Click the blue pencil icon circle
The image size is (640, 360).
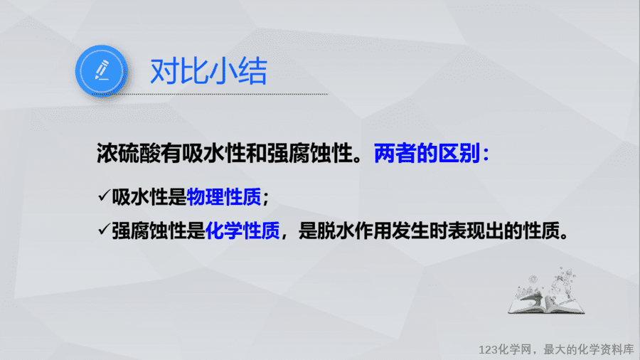101,70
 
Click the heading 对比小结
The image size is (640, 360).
208,71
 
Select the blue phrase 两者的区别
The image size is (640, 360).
427,154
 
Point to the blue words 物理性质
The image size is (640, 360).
224,197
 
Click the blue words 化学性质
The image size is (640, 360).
242,231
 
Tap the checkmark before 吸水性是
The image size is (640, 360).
104,195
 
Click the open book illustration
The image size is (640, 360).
546,292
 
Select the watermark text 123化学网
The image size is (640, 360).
506,350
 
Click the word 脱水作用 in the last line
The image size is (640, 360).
354,231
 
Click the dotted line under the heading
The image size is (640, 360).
210,95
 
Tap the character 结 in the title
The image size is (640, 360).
252,71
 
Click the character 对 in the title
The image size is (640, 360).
164,71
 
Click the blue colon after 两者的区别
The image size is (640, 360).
486,154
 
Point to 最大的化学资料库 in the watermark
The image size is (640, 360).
589,350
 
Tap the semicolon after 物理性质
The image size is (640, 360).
266,198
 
